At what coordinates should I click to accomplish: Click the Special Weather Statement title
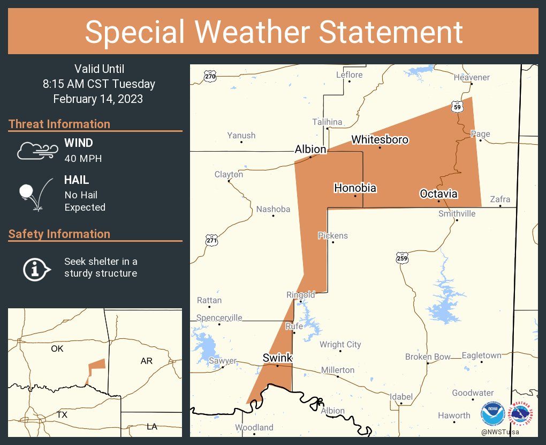(274, 32)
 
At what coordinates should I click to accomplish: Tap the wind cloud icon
(36, 151)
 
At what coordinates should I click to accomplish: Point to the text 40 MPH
(82, 159)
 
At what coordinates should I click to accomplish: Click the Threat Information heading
(59, 124)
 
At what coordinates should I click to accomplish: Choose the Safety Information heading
(59, 234)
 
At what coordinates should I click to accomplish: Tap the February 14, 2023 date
(98, 99)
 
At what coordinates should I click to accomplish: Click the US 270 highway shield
(210, 77)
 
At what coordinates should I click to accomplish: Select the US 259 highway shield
(403, 258)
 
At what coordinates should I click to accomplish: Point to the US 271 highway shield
(211, 240)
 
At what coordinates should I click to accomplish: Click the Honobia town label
(355, 188)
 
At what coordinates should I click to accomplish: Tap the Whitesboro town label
(380, 140)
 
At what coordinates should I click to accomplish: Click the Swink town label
(277, 358)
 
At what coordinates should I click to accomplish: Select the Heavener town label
(472, 77)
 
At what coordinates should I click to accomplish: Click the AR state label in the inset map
(147, 361)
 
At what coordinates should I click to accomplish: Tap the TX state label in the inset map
(62, 415)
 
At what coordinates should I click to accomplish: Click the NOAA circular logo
(492, 414)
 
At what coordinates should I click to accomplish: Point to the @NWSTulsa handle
(500, 432)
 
